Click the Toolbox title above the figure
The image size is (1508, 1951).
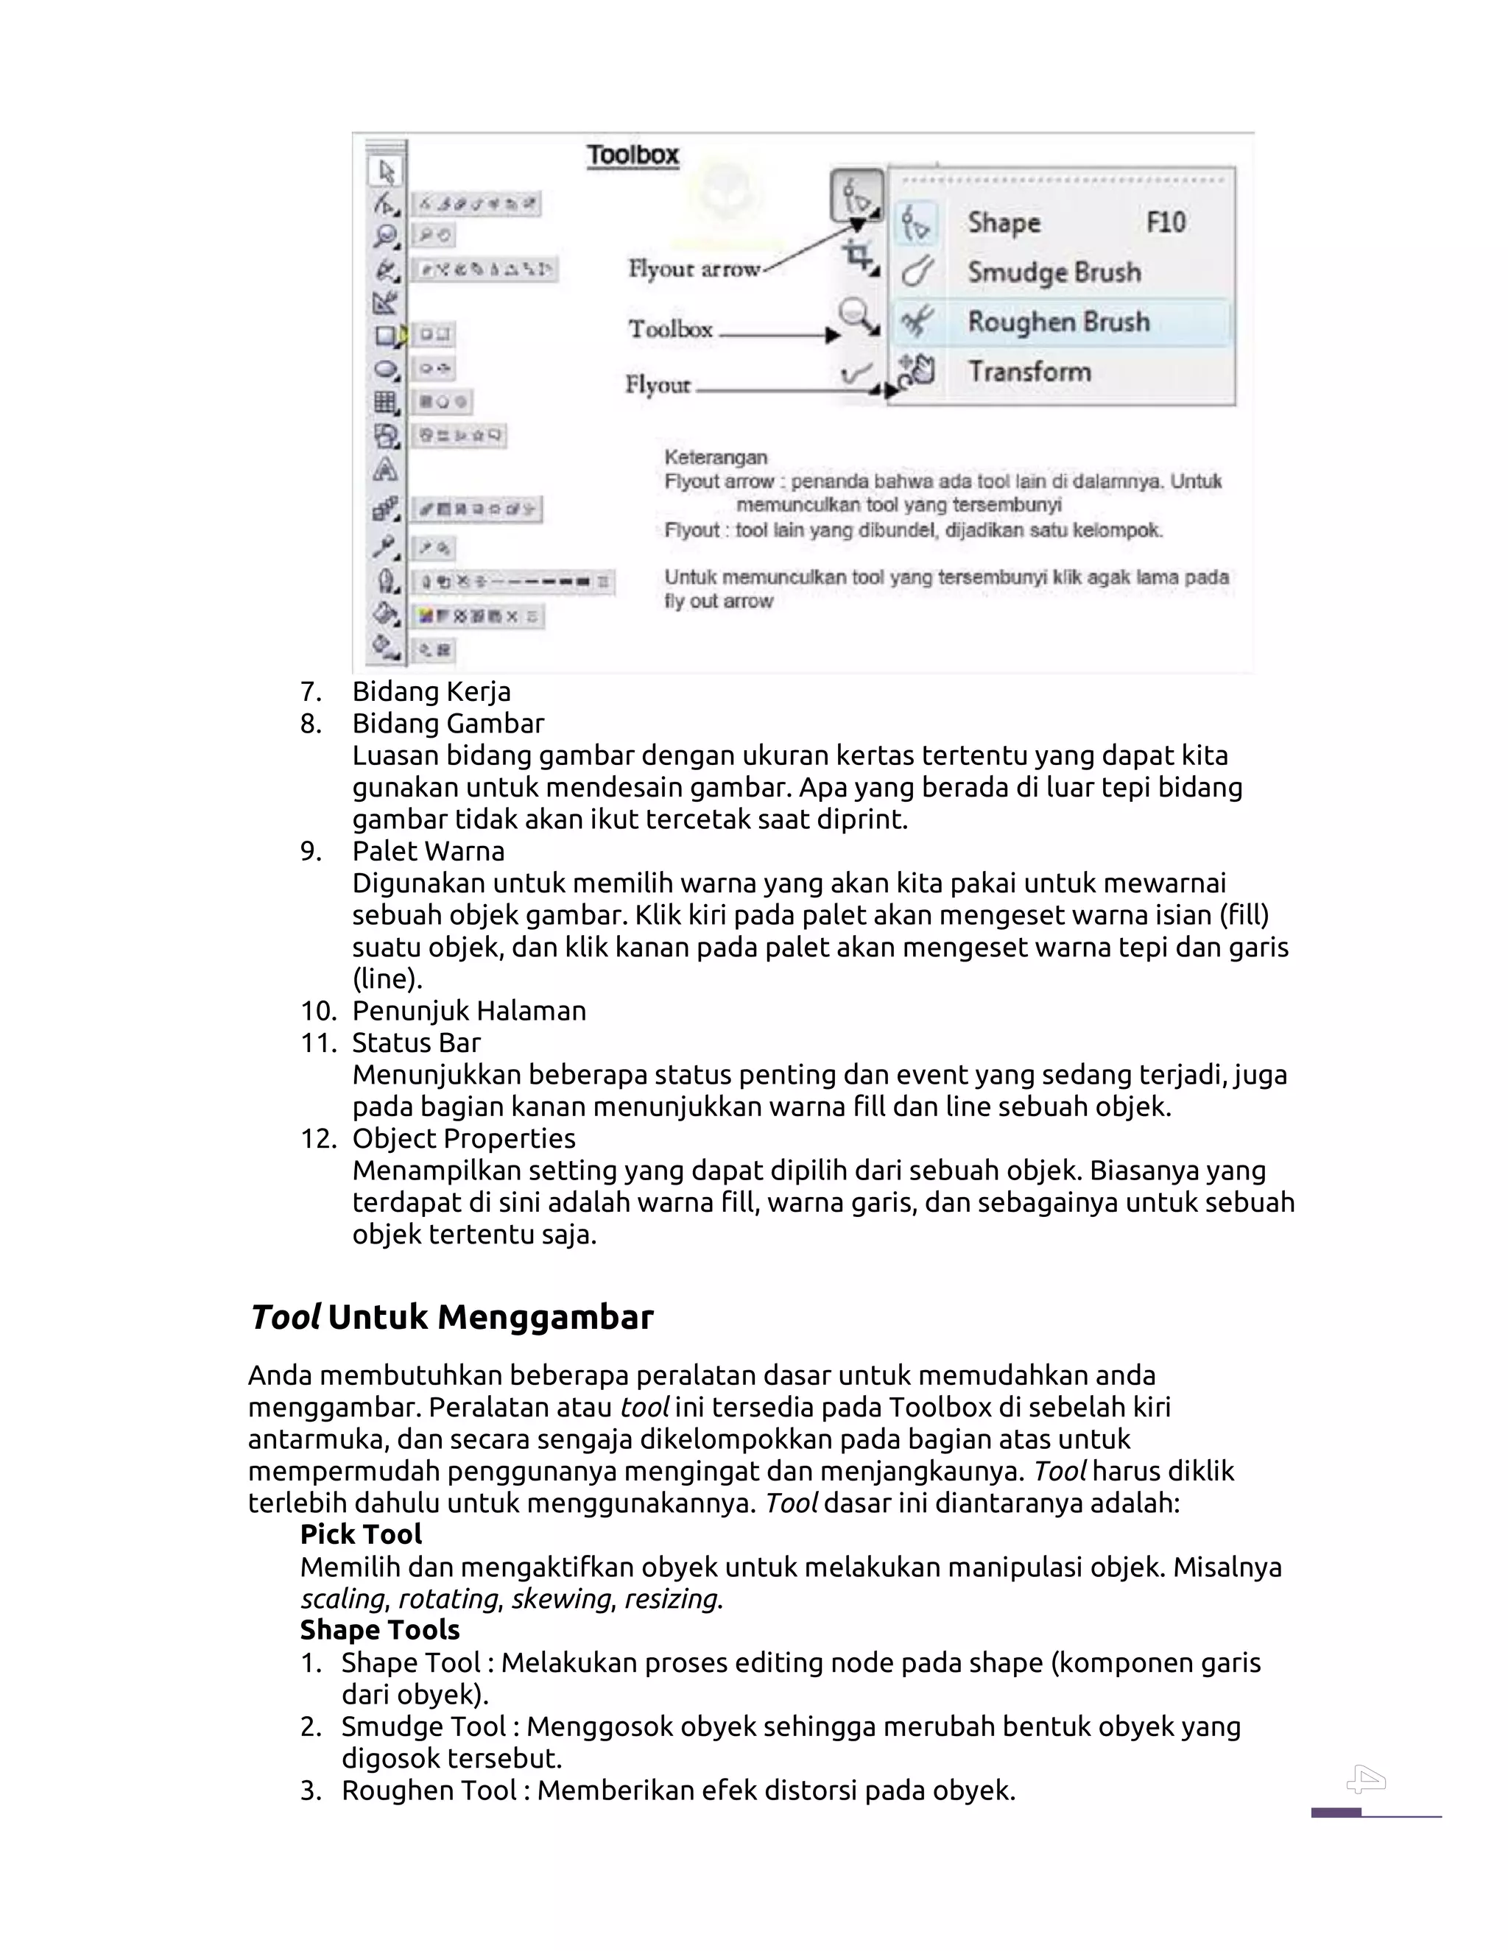633,155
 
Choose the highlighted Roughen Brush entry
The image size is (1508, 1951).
1058,322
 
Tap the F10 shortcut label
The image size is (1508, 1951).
1165,222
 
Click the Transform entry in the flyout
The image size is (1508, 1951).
1029,372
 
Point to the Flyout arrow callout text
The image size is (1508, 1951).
693,268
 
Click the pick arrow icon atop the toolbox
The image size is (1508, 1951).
387,172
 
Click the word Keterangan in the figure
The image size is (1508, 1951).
716,457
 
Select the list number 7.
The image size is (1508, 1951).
310,691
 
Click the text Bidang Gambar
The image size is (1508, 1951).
448,724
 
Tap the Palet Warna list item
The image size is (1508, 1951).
428,851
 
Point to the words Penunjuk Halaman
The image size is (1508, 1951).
469,1012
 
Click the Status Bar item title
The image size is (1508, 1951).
416,1042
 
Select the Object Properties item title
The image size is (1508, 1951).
464,1139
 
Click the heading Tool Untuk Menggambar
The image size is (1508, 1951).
451,1318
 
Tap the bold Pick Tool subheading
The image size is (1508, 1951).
361,1535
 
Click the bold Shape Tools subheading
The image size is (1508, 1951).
380,1630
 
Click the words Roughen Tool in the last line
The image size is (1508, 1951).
423,1791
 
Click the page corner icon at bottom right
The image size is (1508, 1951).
1366,1780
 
